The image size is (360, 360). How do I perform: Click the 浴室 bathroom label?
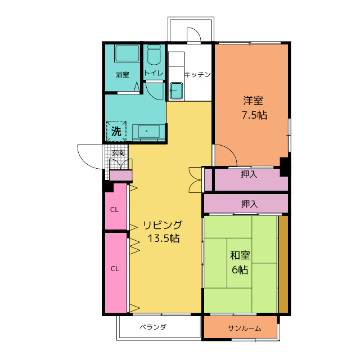pyautogui.click(x=123, y=75)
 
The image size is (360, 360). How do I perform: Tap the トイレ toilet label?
pyautogui.click(x=154, y=73)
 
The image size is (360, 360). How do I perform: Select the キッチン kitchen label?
pyautogui.click(x=197, y=74)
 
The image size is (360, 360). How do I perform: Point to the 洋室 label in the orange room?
pyautogui.click(x=253, y=100)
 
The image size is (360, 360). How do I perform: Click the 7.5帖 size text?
pyautogui.click(x=254, y=115)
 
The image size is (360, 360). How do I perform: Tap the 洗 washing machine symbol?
pyautogui.click(x=116, y=131)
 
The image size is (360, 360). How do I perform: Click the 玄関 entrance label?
pyautogui.click(x=119, y=152)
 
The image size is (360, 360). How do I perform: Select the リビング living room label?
pyautogui.click(x=163, y=225)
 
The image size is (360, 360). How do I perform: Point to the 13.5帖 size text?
pyautogui.click(x=164, y=238)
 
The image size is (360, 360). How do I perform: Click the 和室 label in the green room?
pyautogui.click(x=240, y=255)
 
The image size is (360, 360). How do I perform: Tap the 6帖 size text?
pyautogui.click(x=240, y=269)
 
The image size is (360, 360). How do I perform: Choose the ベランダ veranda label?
pyautogui.click(x=153, y=327)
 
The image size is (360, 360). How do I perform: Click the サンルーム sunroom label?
pyautogui.click(x=245, y=328)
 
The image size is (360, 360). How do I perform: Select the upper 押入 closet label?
pyautogui.click(x=249, y=174)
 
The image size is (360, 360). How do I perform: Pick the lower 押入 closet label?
pyautogui.click(x=249, y=204)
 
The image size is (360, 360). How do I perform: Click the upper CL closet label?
pyautogui.click(x=114, y=210)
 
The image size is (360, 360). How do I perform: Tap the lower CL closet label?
pyautogui.click(x=115, y=269)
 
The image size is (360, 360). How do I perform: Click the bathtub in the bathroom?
pyautogui.click(x=127, y=53)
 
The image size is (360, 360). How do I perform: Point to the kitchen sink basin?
pyautogui.click(x=176, y=91)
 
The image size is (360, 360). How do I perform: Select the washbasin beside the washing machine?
pyautogui.click(x=148, y=132)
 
